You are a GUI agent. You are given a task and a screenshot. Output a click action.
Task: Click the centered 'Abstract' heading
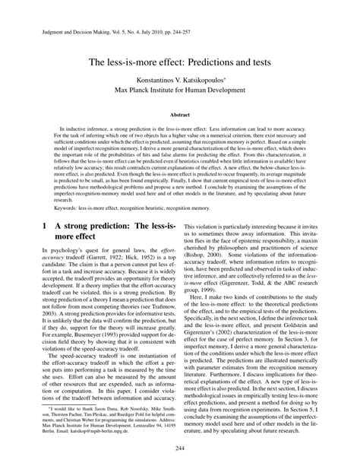coord(180,113)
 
